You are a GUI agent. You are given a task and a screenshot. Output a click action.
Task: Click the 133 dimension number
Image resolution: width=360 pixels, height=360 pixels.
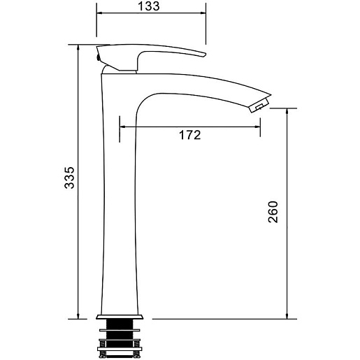point(149,6)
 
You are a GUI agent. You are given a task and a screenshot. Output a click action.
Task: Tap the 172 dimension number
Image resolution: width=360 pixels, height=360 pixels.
point(189,135)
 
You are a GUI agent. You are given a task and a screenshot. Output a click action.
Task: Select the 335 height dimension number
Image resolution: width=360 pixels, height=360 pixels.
point(69,178)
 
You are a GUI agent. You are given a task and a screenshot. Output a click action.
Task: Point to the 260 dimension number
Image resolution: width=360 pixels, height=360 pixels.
point(273,212)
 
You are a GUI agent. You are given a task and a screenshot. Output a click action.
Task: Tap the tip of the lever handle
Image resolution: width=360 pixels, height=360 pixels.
point(204,55)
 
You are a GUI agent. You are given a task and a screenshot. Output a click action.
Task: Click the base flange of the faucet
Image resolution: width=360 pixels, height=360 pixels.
point(120,317)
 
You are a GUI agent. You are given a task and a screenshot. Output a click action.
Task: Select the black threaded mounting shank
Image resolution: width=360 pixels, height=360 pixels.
point(120,336)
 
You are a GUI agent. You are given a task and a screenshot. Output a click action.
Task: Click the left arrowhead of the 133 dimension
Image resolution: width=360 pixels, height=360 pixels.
point(99,13)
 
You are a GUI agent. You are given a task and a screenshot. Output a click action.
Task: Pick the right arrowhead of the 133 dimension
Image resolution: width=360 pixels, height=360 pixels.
point(203,13)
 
